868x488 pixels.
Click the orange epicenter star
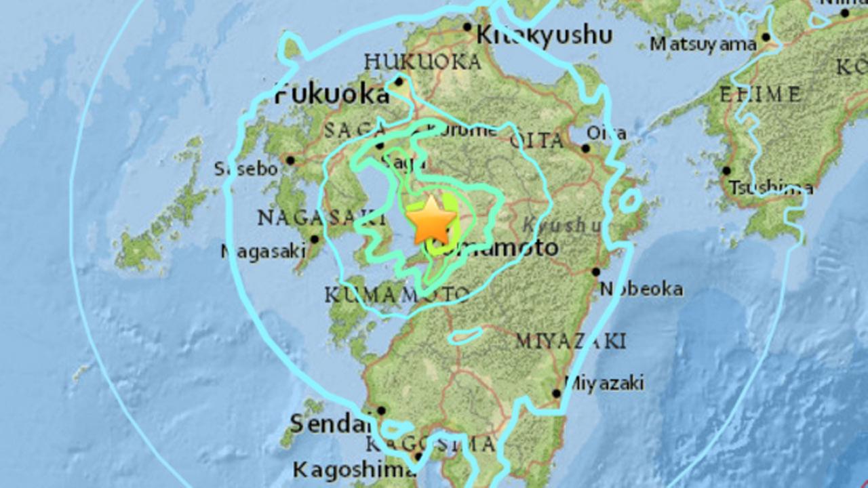click(x=431, y=220)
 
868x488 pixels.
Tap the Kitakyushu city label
click(x=545, y=35)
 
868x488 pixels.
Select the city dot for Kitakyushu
click(x=467, y=27)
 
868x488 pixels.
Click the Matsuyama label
click(x=703, y=45)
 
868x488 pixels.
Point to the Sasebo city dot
click(x=290, y=161)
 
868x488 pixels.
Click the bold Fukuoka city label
click(x=332, y=95)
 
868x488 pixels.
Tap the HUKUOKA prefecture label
click(x=422, y=62)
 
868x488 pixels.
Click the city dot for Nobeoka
click(x=595, y=272)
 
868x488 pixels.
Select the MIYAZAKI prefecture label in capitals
click(x=570, y=341)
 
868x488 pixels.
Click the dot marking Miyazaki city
click(x=556, y=393)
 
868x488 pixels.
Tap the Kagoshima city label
click(x=353, y=469)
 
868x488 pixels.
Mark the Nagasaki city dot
click(x=315, y=239)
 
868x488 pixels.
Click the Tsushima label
click(x=771, y=188)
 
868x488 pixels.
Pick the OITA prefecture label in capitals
click(x=536, y=141)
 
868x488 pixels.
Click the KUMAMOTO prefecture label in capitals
click(x=396, y=295)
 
